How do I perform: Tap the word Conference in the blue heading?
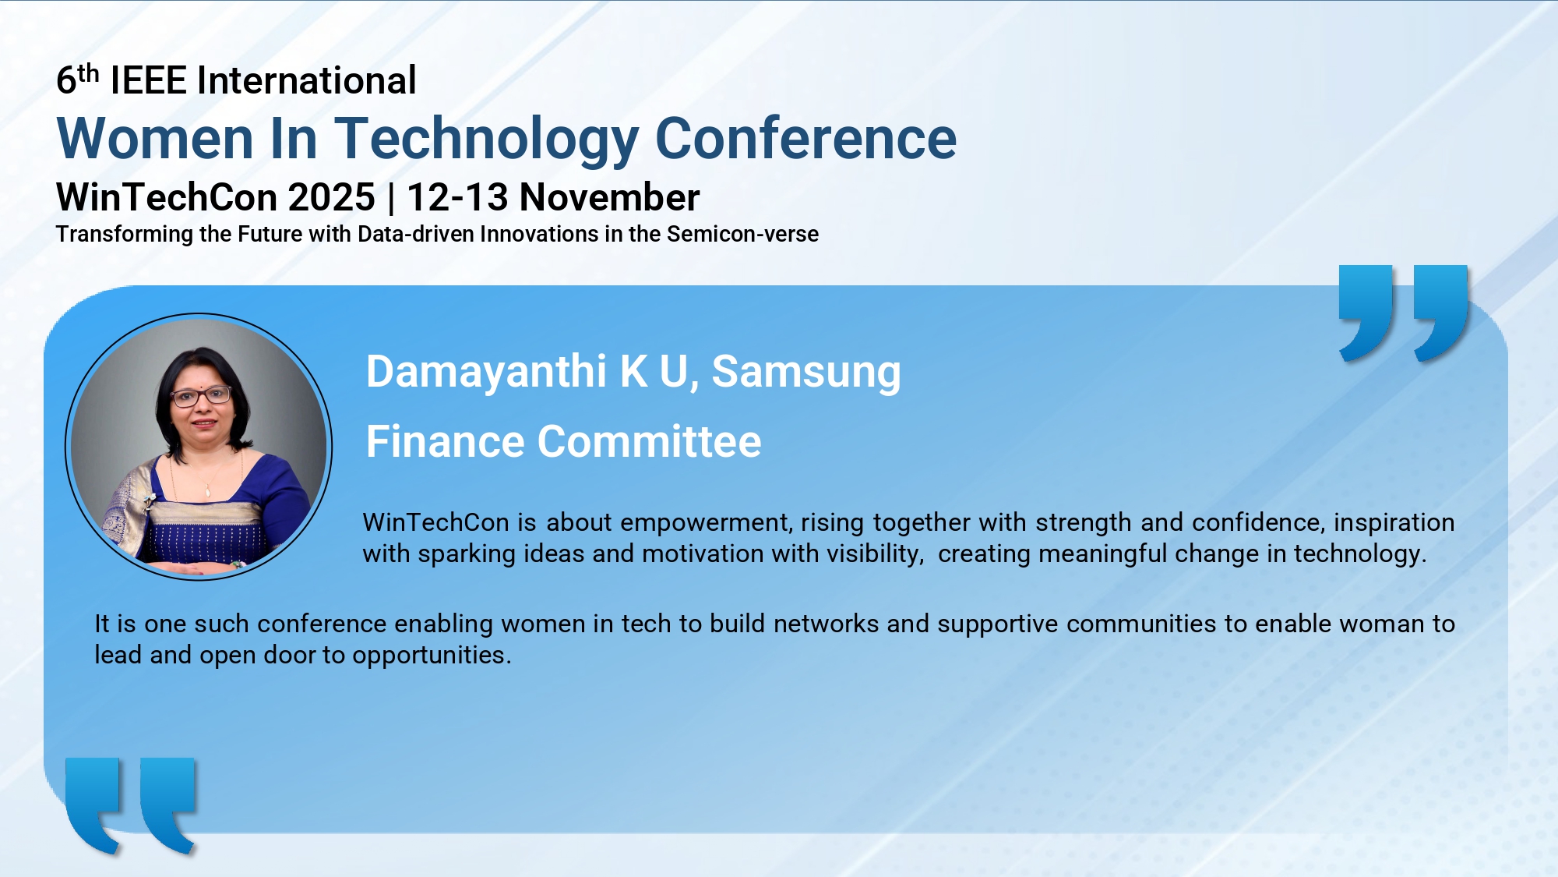(x=806, y=138)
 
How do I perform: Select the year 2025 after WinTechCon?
(x=332, y=197)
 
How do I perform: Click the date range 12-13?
(x=457, y=197)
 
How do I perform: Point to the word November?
(x=610, y=197)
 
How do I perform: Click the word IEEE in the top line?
(x=149, y=80)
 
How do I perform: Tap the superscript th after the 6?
(x=88, y=73)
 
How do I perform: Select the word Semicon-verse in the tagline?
(x=742, y=234)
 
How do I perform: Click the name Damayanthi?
(x=486, y=372)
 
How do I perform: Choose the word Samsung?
(x=806, y=373)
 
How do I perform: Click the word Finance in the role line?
(x=446, y=441)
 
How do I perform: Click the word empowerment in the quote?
(x=707, y=523)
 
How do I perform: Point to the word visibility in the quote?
(x=876, y=553)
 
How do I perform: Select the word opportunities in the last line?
(x=432, y=656)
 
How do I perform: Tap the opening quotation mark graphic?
(x=131, y=805)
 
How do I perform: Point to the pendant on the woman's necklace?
(x=208, y=490)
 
